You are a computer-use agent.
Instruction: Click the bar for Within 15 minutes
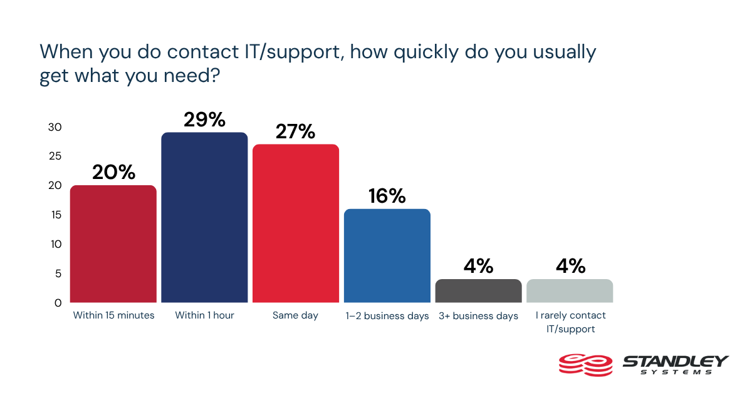tap(113, 244)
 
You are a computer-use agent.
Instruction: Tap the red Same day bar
tap(296, 223)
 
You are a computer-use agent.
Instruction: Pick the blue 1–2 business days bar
tap(387, 256)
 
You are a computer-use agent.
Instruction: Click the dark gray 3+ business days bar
tap(479, 291)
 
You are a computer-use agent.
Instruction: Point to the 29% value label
tap(205, 120)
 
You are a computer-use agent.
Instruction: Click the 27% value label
tap(296, 131)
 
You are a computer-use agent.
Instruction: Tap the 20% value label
tap(113, 173)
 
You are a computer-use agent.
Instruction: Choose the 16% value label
tap(387, 196)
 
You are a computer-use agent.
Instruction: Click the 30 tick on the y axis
tap(55, 127)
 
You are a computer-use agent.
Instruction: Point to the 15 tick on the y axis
tap(55, 215)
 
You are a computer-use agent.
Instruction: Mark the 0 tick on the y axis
tap(58, 303)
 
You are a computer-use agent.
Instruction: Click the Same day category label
tap(296, 315)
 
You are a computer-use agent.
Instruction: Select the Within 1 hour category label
tap(205, 315)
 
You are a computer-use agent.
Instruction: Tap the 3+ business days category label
tap(479, 315)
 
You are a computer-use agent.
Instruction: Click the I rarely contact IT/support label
tap(570, 322)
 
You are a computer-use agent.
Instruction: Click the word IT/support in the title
tap(293, 52)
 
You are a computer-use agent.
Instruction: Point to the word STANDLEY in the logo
tap(675, 360)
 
